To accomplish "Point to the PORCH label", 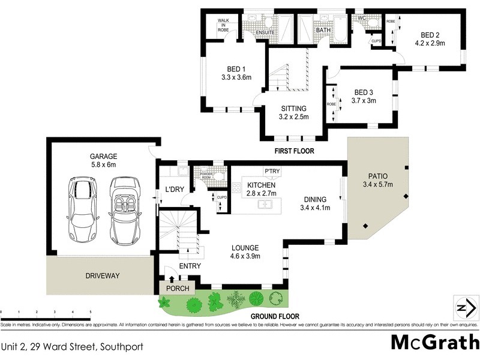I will (178, 289).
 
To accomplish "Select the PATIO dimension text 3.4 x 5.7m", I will (377, 185).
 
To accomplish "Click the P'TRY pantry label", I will (272, 170).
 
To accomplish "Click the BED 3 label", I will (364, 92).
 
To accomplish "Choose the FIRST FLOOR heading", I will (294, 151).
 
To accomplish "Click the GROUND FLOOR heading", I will (275, 316).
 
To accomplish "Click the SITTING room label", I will (294, 109).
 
